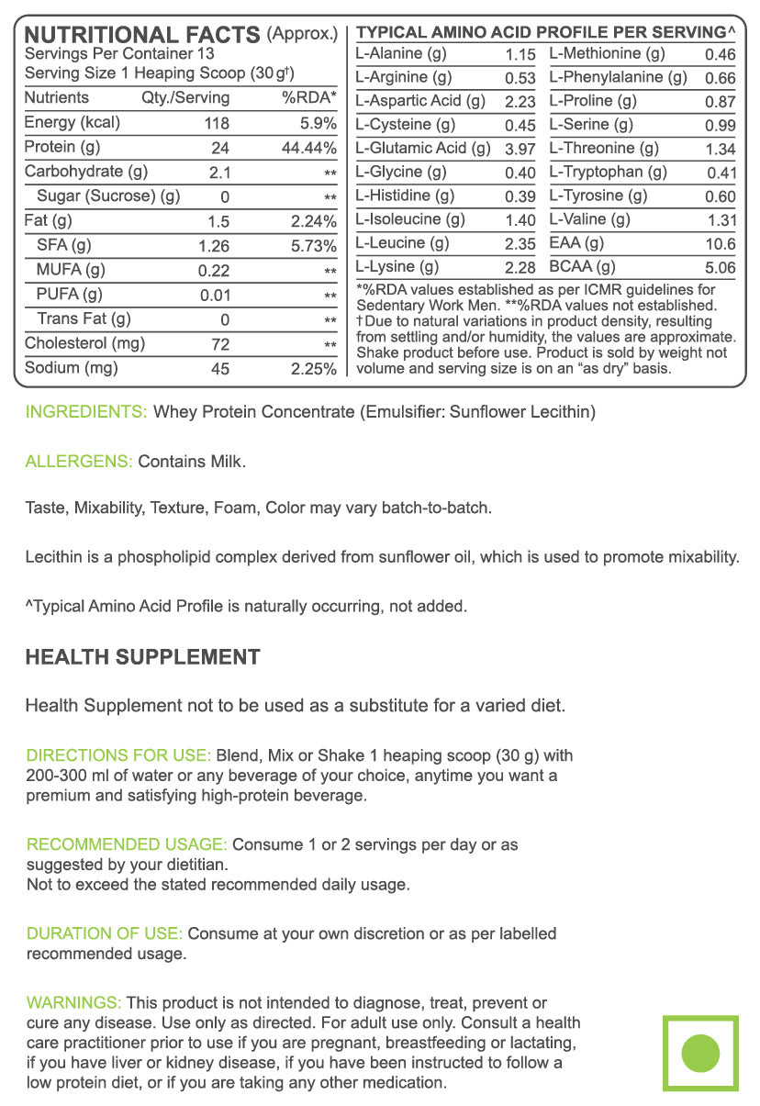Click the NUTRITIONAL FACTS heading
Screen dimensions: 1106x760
pyautogui.click(x=142, y=35)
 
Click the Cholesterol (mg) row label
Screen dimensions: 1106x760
pyautogui.click(x=84, y=344)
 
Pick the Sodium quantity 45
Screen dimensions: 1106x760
pyautogui.click(x=219, y=369)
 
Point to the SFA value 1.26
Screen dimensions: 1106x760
pyautogui.click(x=214, y=246)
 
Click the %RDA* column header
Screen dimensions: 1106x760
pyautogui.click(x=309, y=98)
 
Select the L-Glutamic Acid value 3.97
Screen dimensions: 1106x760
pyautogui.click(x=520, y=149)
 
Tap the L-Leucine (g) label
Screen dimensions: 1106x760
pyautogui.click(x=402, y=243)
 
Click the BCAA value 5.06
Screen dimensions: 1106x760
pyautogui.click(x=720, y=268)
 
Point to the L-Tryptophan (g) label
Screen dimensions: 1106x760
pyautogui.click(x=609, y=172)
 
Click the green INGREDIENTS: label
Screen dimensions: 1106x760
pyautogui.click(x=85, y=412)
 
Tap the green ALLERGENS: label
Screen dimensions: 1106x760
pyautogui.click(x=79, y=462)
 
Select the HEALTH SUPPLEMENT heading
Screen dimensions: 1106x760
pyautogui.click(x=142, y=657)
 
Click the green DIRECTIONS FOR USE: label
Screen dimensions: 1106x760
pyautogui.click(x=118, y=755)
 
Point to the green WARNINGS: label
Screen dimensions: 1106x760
pyautogui.click(x=73, y=1002)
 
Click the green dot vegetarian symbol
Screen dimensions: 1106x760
pyautogui.click(x=701, y=1052)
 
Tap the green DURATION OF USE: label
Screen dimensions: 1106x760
pyautogui.click(x=105, y=933)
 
